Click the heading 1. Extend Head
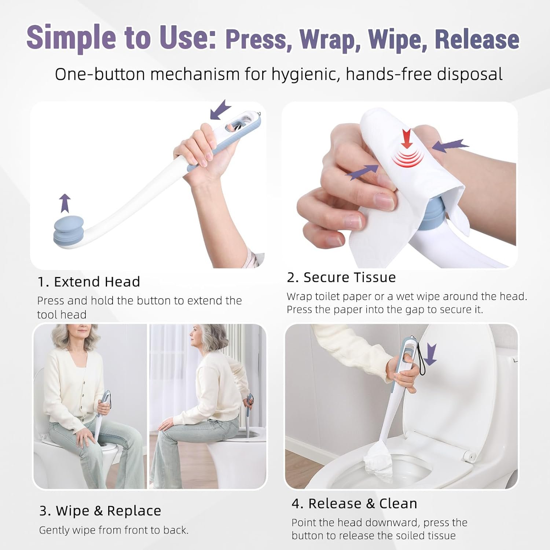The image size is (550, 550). pos(89,282)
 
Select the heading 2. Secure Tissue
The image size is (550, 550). pos(341,277)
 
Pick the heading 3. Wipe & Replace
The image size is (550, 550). pos(100,510)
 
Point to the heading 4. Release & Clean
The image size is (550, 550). pos(355,503)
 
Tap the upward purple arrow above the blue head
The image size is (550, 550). pos(65,203)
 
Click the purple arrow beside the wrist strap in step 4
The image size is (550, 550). pos(430,354)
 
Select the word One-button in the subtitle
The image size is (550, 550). pos(100,74)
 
